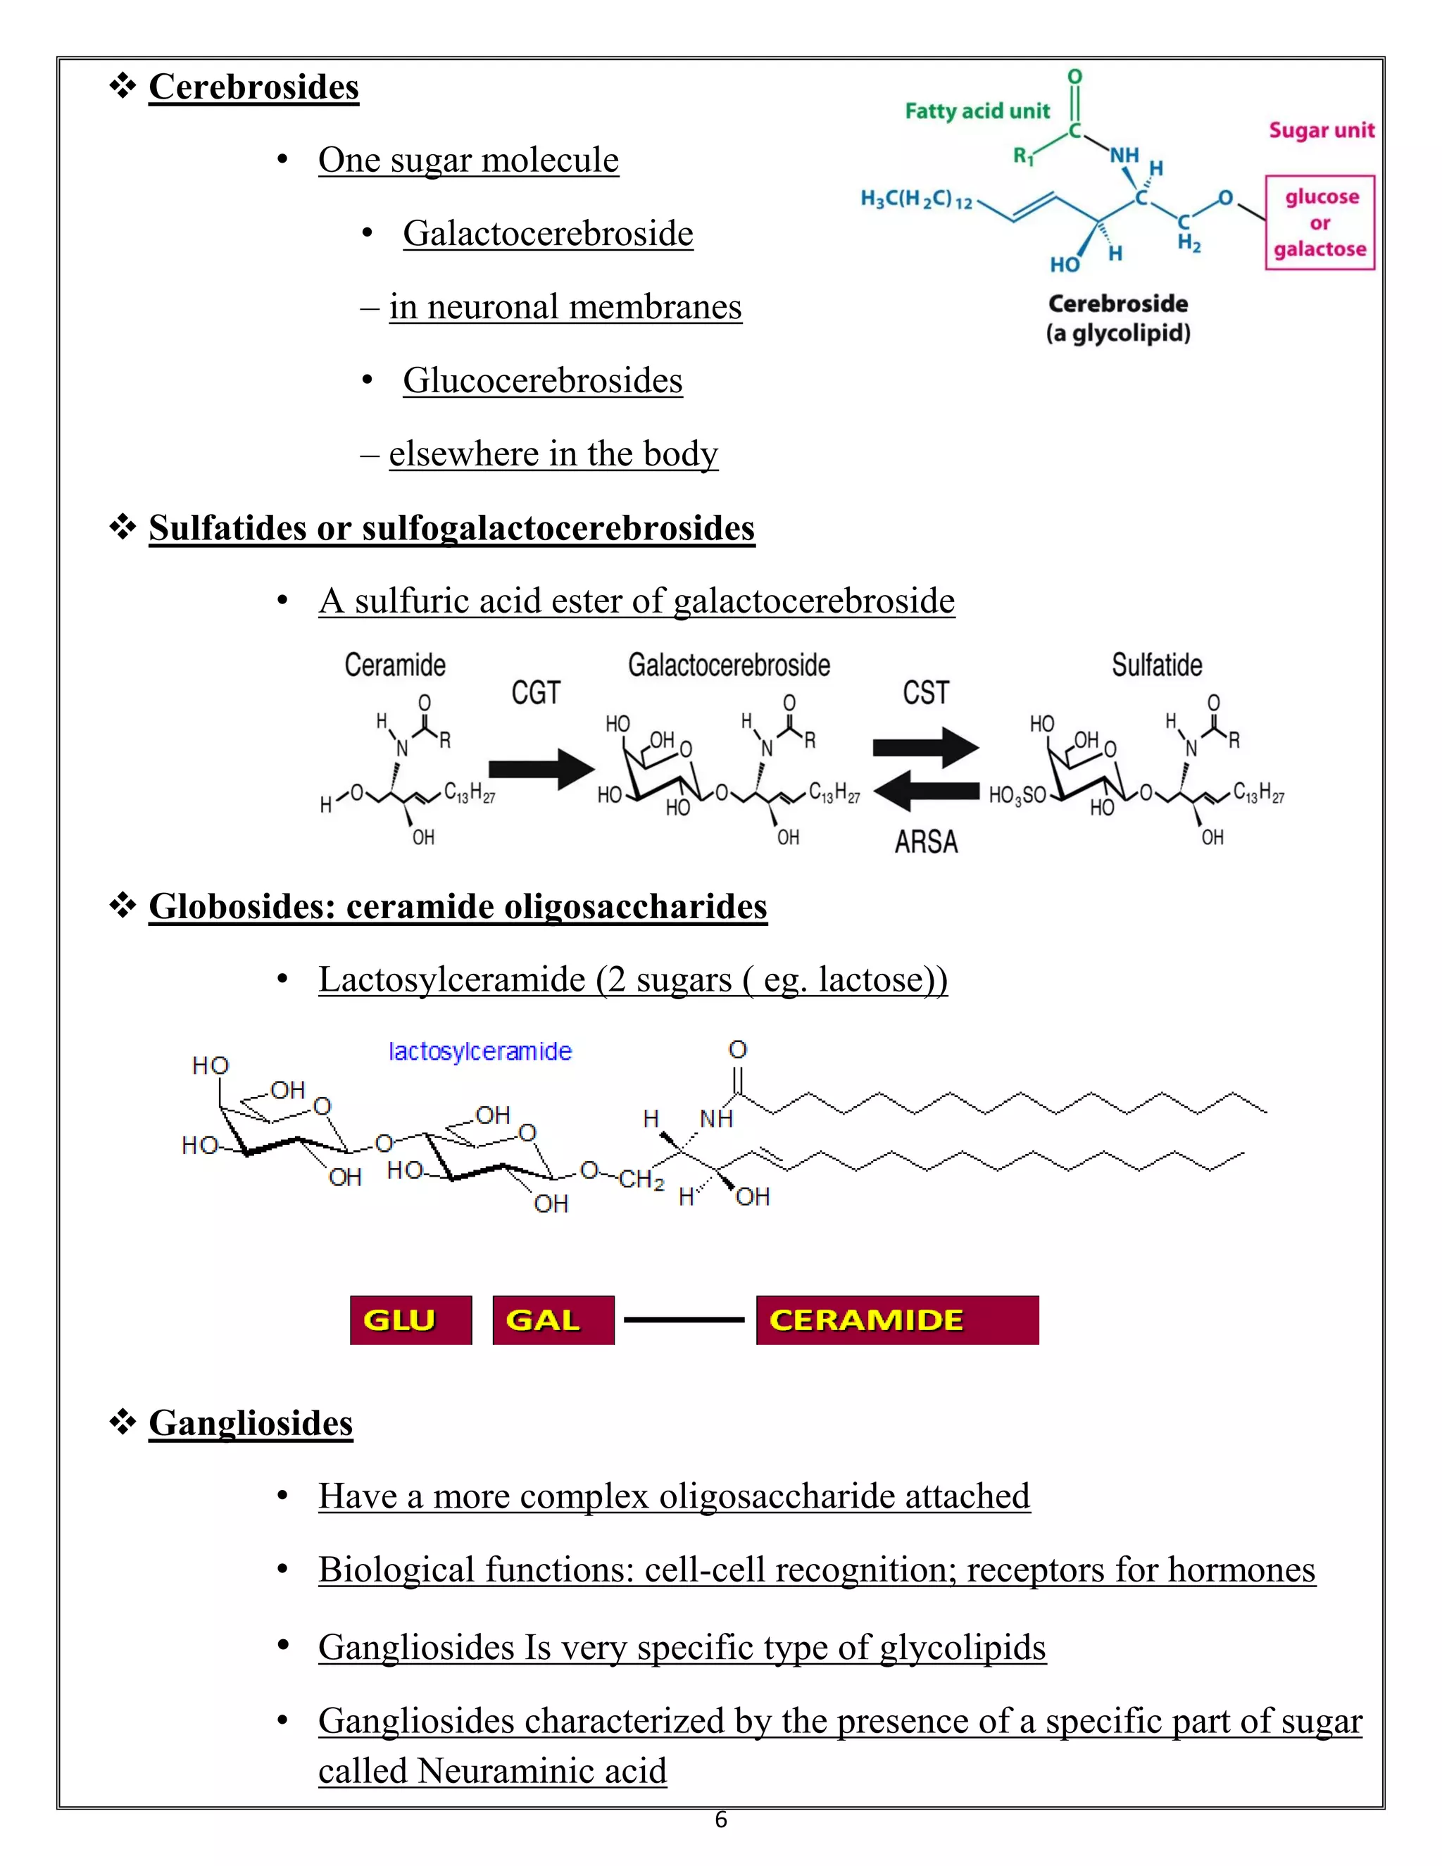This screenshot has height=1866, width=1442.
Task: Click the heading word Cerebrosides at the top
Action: point(253,87)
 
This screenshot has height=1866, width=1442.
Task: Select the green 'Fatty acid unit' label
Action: point(977,111)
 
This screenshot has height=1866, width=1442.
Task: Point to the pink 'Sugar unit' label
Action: point(1322,131)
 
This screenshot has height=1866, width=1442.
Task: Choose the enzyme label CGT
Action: point(536,693)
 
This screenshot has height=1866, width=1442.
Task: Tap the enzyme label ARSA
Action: point(926,842)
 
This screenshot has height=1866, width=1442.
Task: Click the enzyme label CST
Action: point(926,693)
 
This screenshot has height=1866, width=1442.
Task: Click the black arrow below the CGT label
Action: point(541,768)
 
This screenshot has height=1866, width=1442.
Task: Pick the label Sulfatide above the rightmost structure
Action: point(1157,665)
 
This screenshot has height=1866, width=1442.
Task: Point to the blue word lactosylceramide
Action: point(480,1052)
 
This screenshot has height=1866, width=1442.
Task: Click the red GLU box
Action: point(411,1320)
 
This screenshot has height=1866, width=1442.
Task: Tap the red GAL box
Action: point(553,1320)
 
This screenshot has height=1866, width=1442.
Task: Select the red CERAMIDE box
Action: point(897,1320)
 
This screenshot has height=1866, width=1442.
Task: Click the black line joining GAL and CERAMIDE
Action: point(684,1320)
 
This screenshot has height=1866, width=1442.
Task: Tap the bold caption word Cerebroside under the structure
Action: point(1117,304)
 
